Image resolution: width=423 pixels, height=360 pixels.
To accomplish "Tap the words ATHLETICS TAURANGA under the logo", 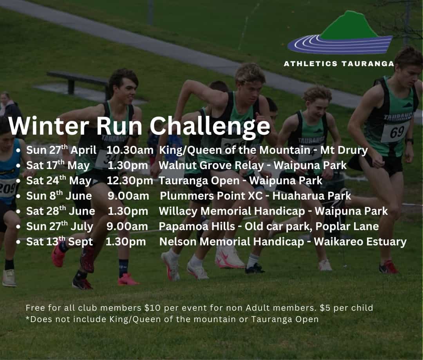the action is [x=339, y=64].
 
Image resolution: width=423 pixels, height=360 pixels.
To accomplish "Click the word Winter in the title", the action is [x=49, y=126].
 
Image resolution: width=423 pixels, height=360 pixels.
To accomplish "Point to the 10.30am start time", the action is [x=130, y=150].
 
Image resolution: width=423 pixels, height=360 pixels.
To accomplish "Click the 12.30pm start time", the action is [x=130, y=180].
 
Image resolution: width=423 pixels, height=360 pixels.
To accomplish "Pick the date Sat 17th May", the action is [x=58, y=165].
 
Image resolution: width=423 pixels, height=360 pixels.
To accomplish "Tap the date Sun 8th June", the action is [x=59, y=196].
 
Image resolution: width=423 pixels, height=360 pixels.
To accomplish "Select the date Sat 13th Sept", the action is [x=60, y=241].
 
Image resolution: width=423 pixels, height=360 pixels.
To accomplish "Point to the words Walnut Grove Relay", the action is [x=211, y=166].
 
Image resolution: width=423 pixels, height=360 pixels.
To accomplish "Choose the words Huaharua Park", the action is [x=312, y=196].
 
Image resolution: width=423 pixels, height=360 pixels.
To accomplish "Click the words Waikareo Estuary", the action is [x=360, y=242].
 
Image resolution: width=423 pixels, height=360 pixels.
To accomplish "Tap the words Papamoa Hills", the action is [x=197, y=226].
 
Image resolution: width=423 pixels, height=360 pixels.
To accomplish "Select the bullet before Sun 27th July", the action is [x=18, y=227].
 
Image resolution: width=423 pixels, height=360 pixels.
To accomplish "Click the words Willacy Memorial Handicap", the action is [x=232, y=211].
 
